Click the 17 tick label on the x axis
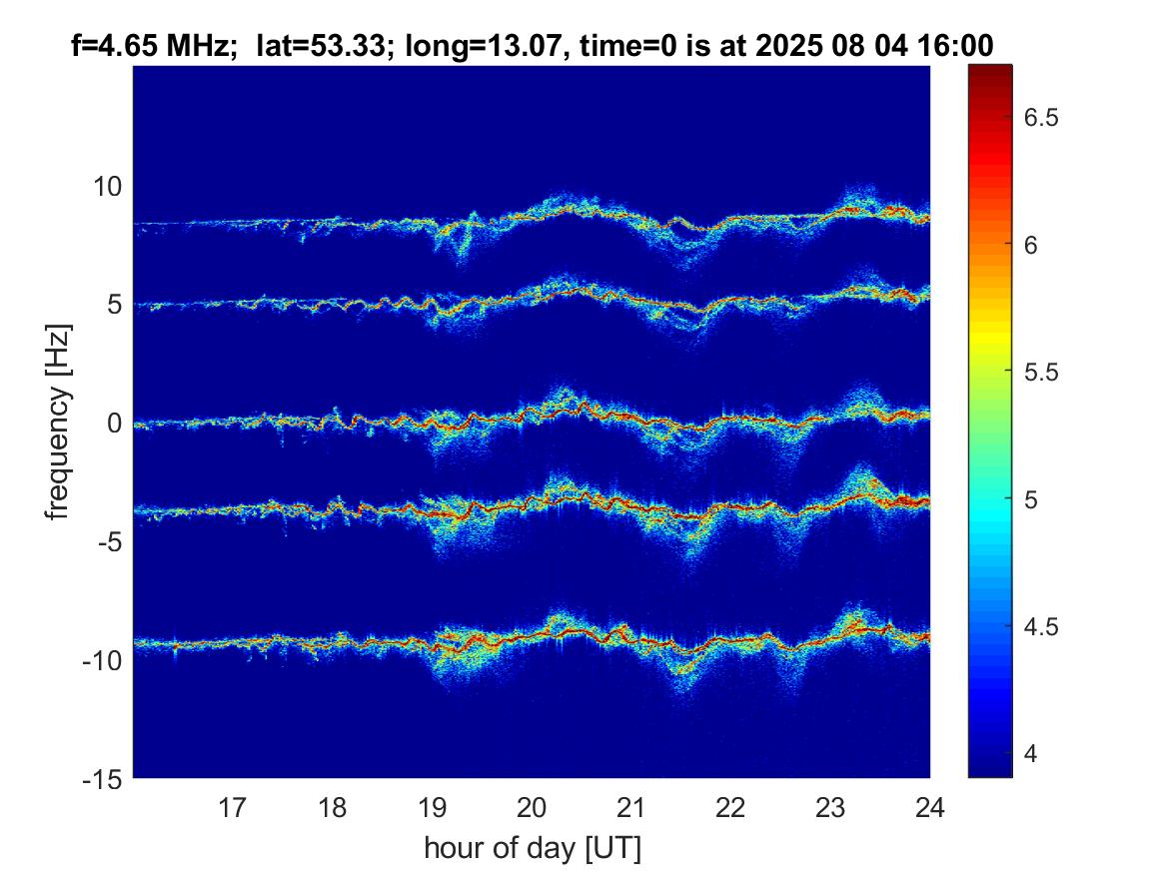tap(232, 807)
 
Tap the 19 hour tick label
tap(432, 807)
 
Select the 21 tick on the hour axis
tap(631, 807)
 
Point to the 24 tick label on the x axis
tap(930, 807)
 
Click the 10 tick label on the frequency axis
tap(107, 186)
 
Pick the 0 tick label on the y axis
tap(114, 423)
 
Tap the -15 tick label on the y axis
tap(103, 779)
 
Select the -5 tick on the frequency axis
tap(110, 541)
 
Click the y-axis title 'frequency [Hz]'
tap(58, 423)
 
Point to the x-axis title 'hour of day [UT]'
tap(532, 848)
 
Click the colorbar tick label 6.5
tap(1041, 118)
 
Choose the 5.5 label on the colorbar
tap(1041, 372)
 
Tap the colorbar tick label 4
tap(1031, 753)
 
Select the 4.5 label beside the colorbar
tap(1041, 626)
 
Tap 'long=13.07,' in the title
tap(484, 46)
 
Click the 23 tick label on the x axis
tap(830, 807)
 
